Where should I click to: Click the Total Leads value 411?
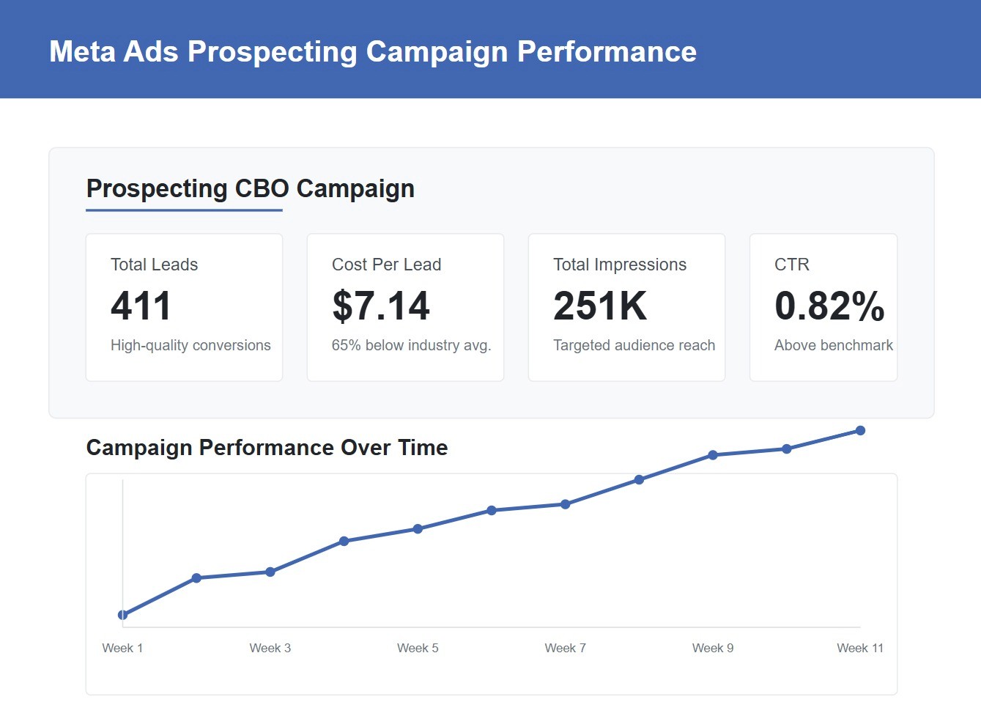[x=141, y=306]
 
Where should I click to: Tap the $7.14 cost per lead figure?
[x=381, y=306]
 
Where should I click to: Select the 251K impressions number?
[x=600, y=306]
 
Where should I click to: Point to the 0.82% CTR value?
[x=829, y=306]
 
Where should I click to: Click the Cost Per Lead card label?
[x=386, y=265]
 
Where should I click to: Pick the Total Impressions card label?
[x=620, y=265]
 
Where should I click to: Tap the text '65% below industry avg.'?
[x=411, y=345]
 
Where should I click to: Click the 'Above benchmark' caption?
[x=834, y=345]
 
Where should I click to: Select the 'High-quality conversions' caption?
[x=190, y=345]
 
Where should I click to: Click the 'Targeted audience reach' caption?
[x=634, y=345]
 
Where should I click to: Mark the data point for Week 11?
[x=860, y=431]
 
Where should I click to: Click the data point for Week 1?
[x=122, y=615]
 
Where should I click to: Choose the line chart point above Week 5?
[x=418, y=529]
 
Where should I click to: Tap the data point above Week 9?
[x=713, y=455]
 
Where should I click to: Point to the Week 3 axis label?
[x=270, y=648]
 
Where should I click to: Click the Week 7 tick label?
[x=565, y=648]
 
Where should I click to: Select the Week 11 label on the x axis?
[x=860, y=648]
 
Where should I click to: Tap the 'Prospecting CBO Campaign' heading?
[x=251, y=188]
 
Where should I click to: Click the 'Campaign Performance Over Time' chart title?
[x=267, y=448]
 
